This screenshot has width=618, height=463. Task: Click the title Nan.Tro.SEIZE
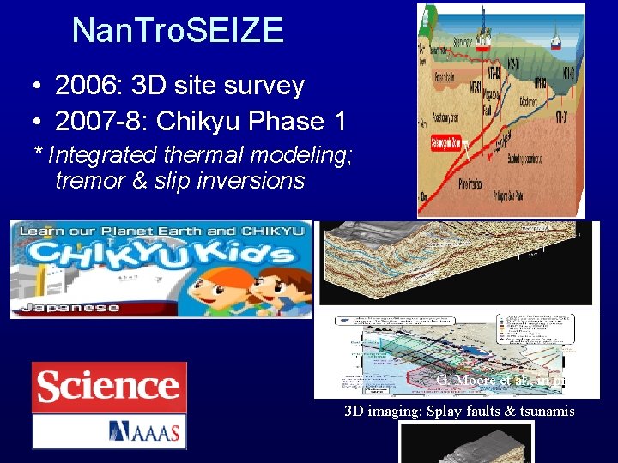[x=178, y=31]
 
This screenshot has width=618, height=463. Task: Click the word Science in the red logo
[x=108, y=388]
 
